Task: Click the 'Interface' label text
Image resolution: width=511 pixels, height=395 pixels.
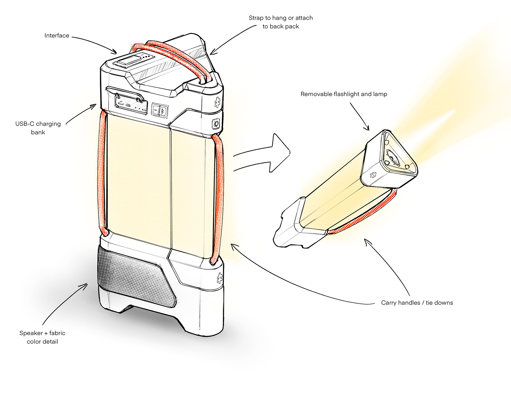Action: [x=57, y=36]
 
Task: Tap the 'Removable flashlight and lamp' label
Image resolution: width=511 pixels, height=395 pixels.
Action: [x=344, y=94]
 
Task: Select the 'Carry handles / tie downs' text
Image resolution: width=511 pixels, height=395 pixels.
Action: [x=417, y=303]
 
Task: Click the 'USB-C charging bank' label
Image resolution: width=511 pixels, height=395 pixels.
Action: [x=38, y=128]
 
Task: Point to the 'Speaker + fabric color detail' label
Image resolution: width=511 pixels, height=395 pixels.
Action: [x=42, y=337]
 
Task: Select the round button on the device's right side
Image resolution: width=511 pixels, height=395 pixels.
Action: [x=216, y=124]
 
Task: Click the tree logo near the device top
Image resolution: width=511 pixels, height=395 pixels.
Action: [x=217, y=102]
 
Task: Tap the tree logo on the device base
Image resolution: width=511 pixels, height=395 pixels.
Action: [x=220, y=278]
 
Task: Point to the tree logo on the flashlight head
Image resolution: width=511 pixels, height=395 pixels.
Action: [x=373, y=175]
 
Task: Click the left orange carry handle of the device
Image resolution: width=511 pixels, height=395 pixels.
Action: [x=102, y=173]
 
